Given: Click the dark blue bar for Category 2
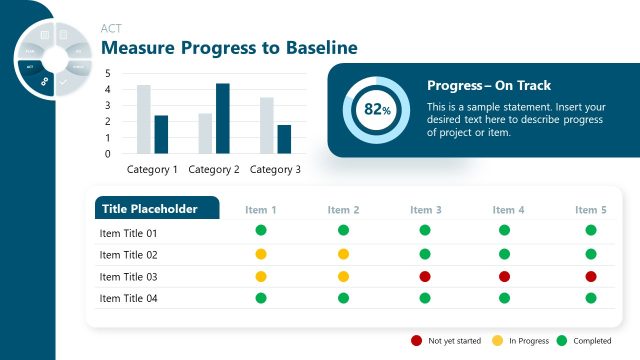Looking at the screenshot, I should point(222,118).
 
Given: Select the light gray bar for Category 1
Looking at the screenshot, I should point(144,119).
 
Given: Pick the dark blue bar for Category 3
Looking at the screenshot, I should point(284,139).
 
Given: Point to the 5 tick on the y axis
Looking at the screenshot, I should point(107,73).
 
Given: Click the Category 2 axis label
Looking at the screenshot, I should point(214,170).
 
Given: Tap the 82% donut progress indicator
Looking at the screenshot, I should point(376,109).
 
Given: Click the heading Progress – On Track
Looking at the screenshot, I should point(488,86).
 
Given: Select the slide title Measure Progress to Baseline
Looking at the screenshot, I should point(229,48).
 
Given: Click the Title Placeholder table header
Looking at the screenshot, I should point(158,209).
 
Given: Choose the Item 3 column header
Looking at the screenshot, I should point(426,210).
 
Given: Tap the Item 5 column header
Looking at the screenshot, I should point(591,210).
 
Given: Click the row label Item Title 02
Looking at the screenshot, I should point(129,255).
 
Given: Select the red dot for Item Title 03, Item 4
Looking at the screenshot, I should point(505,276).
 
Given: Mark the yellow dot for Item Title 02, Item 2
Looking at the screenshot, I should point(343,254).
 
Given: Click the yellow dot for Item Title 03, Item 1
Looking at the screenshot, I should point(261,276).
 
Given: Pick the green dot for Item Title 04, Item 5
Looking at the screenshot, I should point(591,297).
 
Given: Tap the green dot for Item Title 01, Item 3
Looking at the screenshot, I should point(425,231).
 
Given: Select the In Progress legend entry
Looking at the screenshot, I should point(520,341).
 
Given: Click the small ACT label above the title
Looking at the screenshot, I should point(111,28).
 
